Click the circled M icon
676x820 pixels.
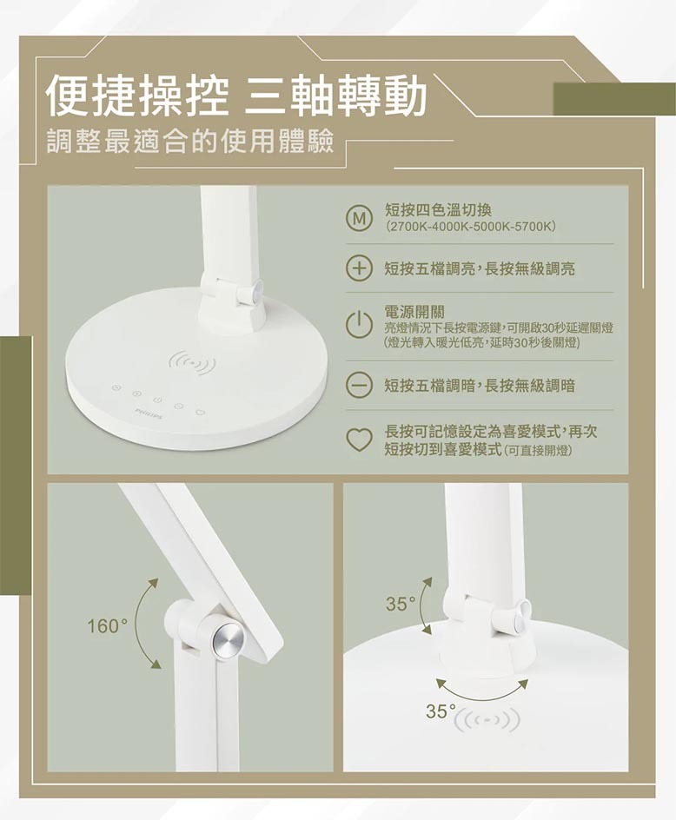point(358,219)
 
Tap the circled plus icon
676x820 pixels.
point(358,268)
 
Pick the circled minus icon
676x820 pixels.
point(358,386)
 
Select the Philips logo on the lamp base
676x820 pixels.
point(147,414)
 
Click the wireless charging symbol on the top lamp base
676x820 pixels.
point(193,363)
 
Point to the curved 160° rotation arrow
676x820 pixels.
point(138,624)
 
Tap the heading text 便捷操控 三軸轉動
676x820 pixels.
point(236,96)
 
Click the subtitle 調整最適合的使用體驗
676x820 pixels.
point(190,142)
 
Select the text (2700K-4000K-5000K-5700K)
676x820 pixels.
point(469,227)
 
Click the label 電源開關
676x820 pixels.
point(414,312)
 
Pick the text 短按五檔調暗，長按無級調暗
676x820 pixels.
point(480,386)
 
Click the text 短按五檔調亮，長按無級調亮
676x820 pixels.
point(480,268)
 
